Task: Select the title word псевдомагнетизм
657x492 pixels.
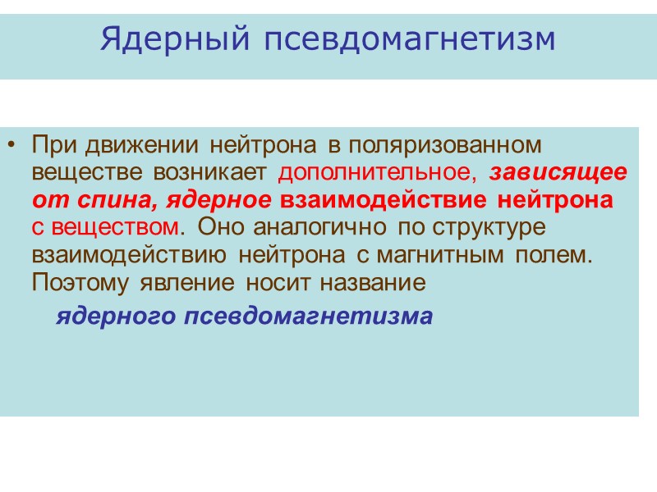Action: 410,39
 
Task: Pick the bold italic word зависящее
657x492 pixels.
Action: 559,173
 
